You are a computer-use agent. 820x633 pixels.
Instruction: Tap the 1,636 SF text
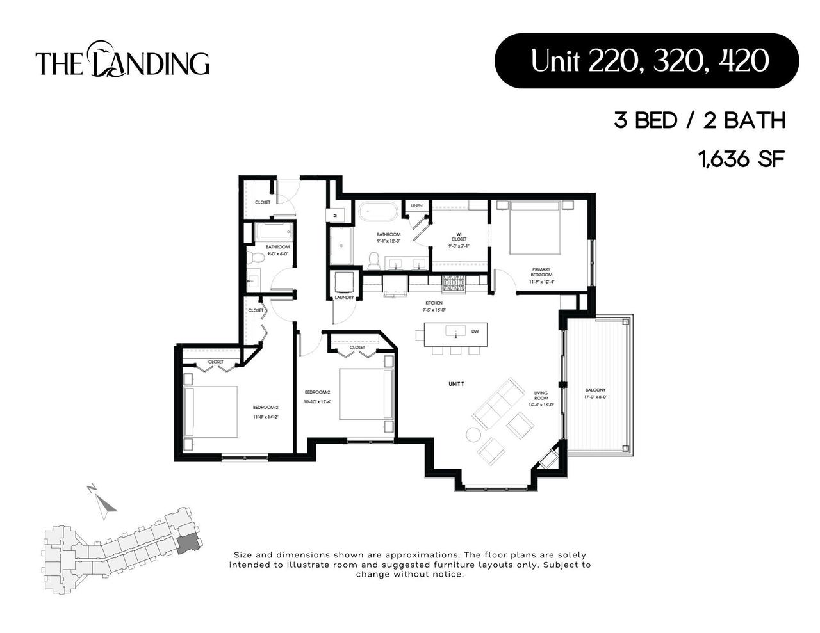(742, 159)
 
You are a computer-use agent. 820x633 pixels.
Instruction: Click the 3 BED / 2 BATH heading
(700, 120)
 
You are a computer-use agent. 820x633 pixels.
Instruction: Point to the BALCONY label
(595, 390)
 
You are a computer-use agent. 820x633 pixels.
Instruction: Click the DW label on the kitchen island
(475, 332)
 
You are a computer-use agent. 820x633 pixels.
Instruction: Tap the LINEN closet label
(416, 206)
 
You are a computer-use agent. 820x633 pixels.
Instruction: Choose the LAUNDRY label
(344, 298)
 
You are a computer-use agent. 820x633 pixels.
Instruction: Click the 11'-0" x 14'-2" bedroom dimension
(265, 417)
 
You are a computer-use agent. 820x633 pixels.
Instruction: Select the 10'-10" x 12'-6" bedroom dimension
(317, 402)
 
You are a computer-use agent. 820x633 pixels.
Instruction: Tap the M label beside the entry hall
(335, 216)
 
